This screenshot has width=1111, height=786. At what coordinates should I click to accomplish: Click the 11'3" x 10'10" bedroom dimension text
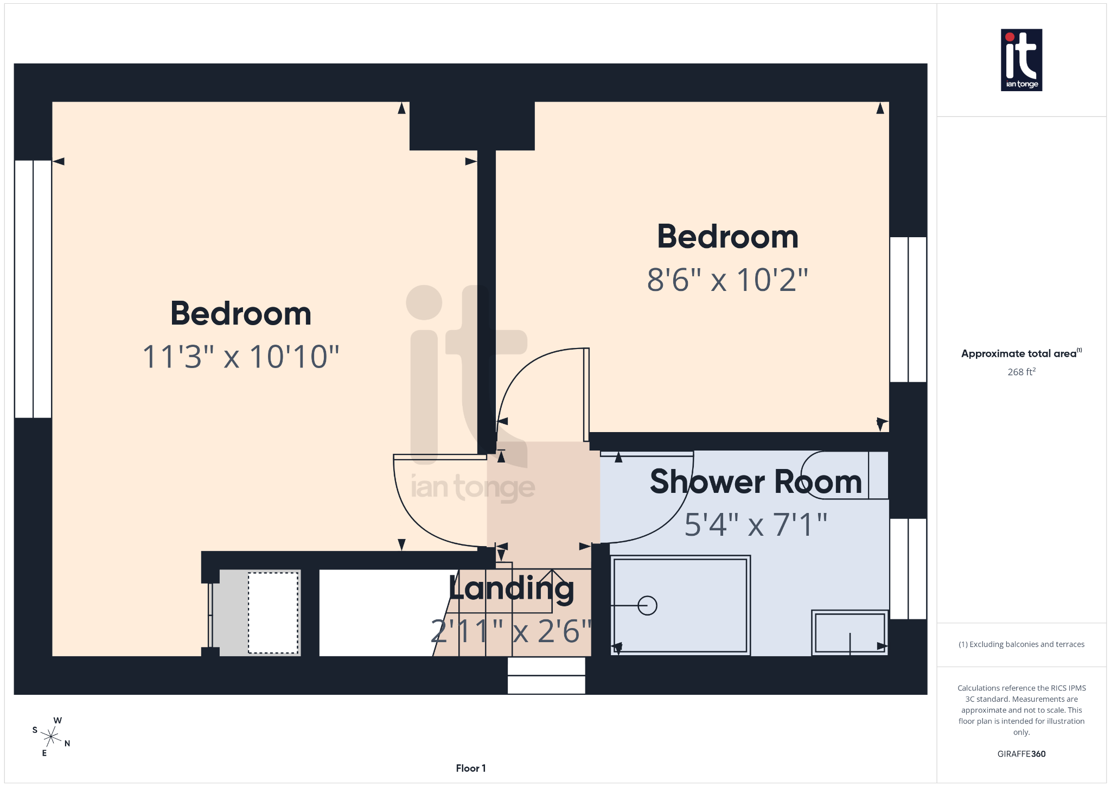[x=240, y=357]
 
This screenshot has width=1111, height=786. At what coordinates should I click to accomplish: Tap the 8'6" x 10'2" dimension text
[x=727, y=281]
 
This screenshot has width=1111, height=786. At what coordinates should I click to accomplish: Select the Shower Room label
[x=756, y=482]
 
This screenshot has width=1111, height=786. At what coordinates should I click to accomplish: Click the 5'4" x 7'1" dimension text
[x=756, y=525]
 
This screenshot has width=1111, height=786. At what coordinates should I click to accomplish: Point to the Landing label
[x=512, y=588]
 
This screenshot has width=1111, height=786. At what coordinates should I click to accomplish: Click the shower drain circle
[x=647, y=605]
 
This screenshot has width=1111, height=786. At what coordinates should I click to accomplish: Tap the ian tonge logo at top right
[x=1021, y=60]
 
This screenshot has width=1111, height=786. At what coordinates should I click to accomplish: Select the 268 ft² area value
[x=1021, y=372]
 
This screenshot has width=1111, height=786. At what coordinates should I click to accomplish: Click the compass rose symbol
[x=52, y=737]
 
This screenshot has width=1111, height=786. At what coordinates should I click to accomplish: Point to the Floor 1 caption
[x=470, y=768]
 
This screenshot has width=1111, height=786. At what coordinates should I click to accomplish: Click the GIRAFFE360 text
[x=1021, y=754]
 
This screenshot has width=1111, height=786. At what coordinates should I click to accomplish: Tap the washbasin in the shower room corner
[x=850, y=633]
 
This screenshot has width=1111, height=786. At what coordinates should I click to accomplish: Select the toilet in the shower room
[x=844, y=475]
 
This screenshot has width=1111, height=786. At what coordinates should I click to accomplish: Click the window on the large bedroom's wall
[x=33, y=289]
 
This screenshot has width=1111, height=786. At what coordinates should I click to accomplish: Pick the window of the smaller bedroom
[x=908, y=309]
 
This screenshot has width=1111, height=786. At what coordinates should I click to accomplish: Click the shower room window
[x=908, y=569]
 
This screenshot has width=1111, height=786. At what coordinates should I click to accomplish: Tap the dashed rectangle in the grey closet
[x=273, y=613]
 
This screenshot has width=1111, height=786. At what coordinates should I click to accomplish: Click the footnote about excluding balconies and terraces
[x=1021, y=644]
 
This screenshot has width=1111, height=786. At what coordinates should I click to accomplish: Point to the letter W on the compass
[x=58, y=720]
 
